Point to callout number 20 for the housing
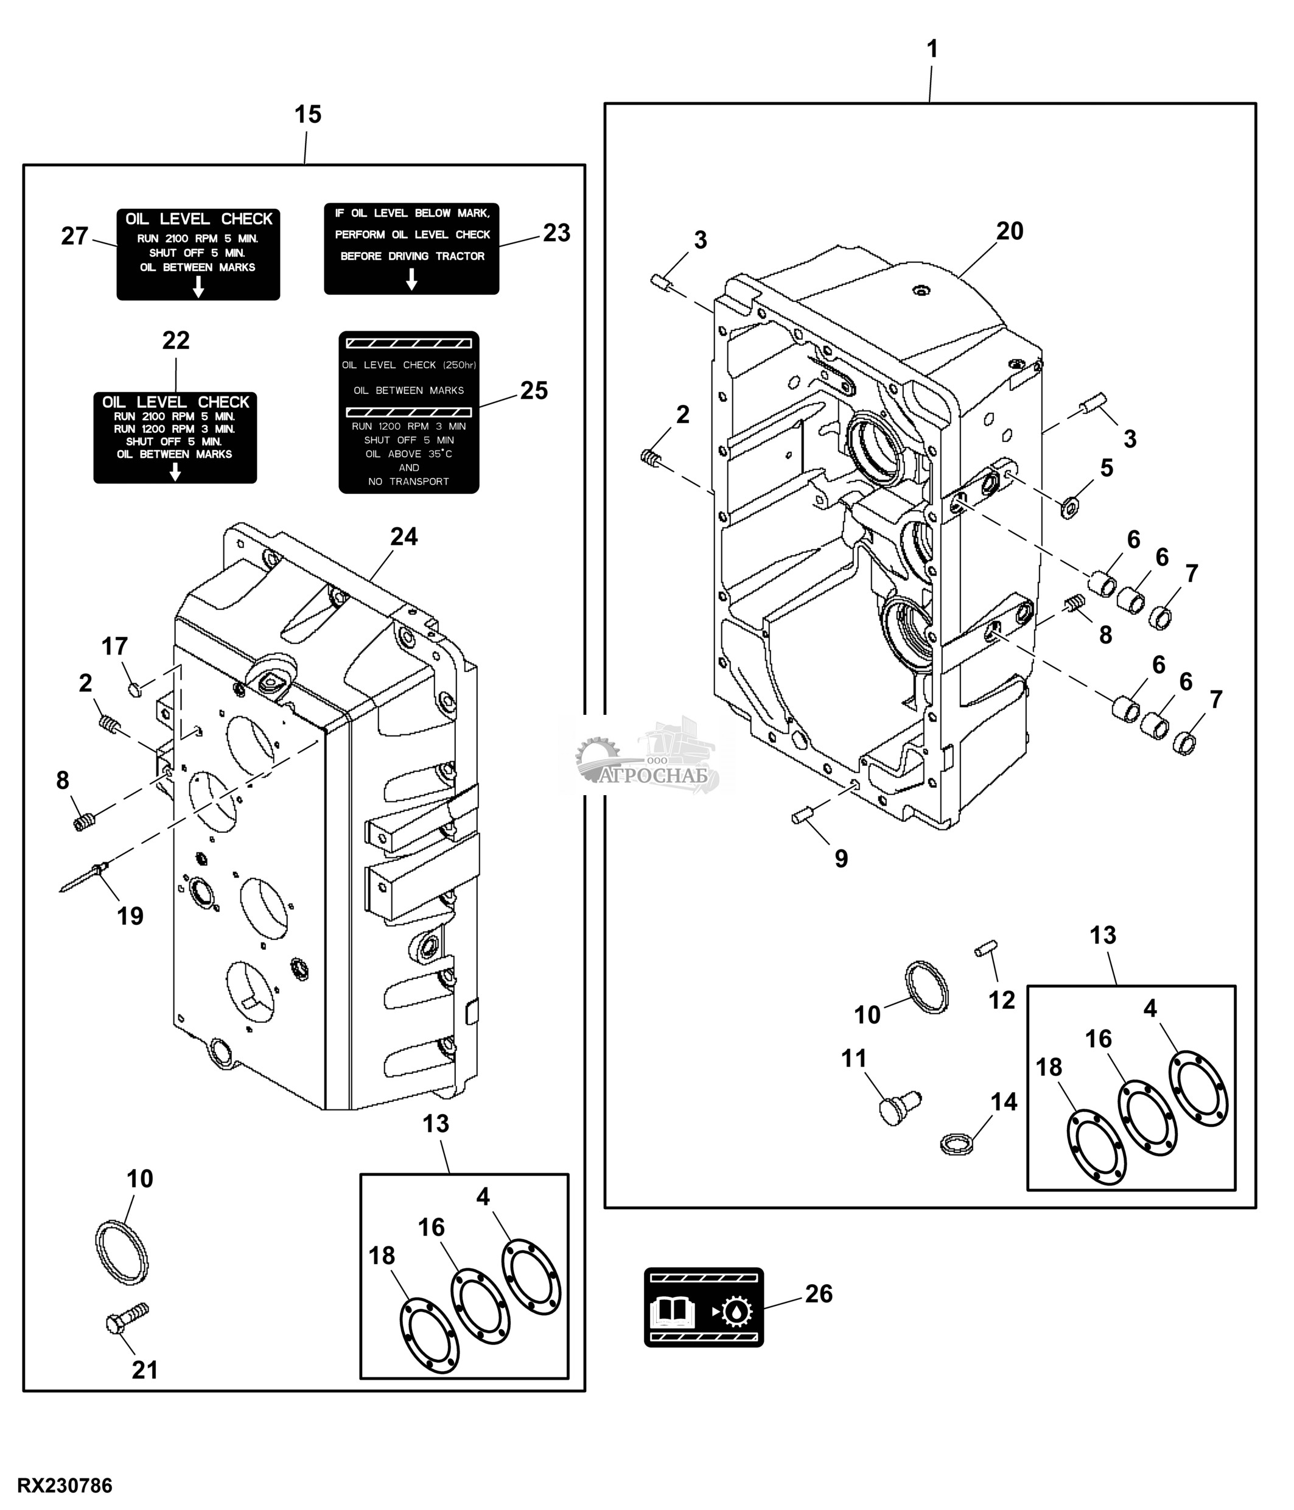point(1010,231)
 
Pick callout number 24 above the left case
point(404,536)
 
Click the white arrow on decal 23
point(411,278)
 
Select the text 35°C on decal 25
point(440,454)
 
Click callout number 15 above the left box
point(307,114)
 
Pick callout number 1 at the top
point(931,49)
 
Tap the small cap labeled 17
point(133,689)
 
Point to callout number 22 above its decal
point(175,340)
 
